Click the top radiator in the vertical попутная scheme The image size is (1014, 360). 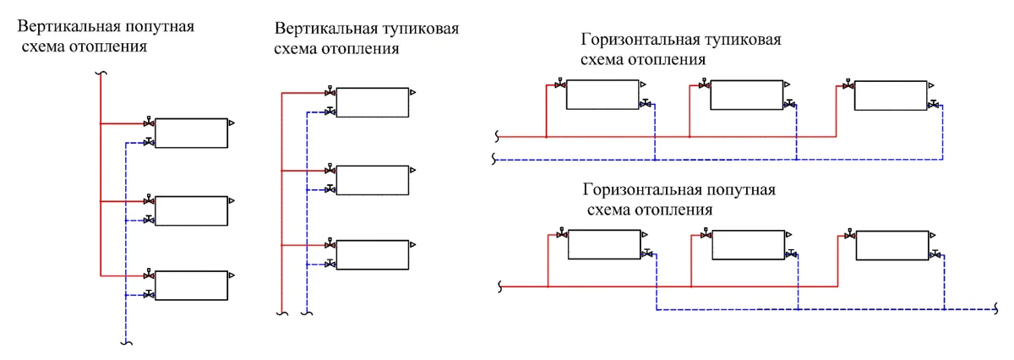(191, 133)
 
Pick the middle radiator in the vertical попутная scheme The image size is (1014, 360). (191, 210)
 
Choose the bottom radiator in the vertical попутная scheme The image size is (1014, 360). (191, 286)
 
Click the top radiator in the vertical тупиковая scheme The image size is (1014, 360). (372, 102)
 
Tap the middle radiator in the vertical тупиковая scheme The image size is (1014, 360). (372, 179)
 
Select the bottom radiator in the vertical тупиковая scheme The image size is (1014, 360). (372, 254)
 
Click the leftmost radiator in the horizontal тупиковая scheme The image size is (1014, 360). (602, 94)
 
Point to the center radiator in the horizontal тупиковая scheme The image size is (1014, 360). (746, 95)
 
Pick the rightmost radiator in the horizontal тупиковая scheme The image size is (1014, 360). (890, 95)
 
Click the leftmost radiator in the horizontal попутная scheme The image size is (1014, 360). (603, 244)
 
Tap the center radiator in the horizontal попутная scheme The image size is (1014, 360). (748, 245)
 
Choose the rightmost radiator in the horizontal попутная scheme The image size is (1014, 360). (891, 244)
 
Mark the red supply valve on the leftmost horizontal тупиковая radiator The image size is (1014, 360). (559, 85)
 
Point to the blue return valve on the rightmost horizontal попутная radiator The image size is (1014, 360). (935, 254)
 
